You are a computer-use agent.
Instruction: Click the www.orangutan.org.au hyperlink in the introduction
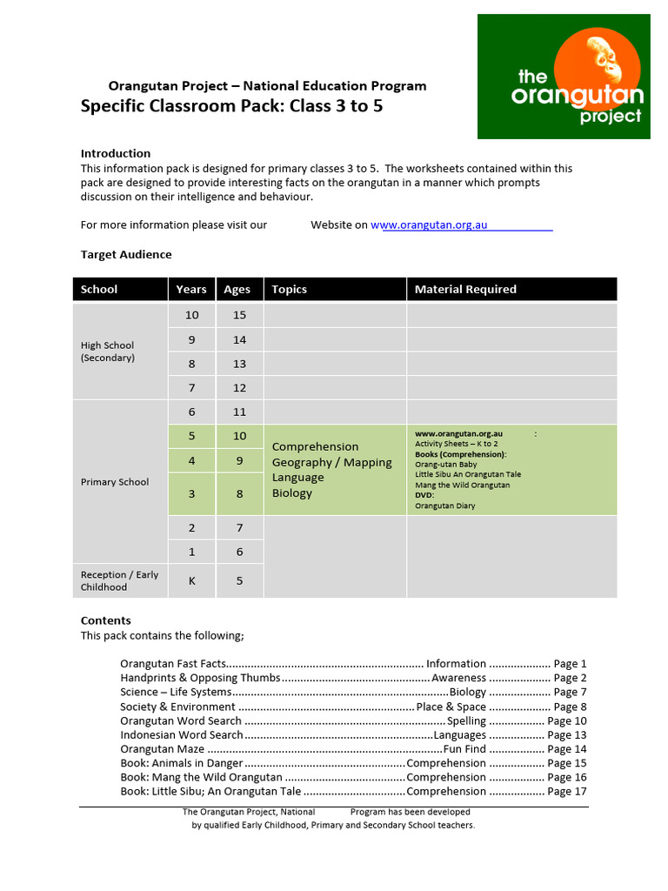[430, 224]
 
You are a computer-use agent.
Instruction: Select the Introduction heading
[116, 153]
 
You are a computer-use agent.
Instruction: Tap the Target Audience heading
[126, 254]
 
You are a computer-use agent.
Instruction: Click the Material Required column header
[465, 289]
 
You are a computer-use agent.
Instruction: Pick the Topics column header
[290, 289]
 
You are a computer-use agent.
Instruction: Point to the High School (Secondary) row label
[108, 352]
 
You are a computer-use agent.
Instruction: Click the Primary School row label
[115, 482]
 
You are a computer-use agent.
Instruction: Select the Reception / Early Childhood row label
[119, 580]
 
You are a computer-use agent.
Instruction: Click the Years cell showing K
[191, 579]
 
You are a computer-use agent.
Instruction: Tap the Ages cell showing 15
[239, 315]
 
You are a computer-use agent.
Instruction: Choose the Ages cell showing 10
[239, 436]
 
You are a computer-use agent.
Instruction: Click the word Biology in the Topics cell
[292, 493]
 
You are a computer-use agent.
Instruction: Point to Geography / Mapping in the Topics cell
[331, 462]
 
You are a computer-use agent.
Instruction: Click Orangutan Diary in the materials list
[445, 506]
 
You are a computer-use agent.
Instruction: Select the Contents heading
[106, 620]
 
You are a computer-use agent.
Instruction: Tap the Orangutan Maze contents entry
[163, 748]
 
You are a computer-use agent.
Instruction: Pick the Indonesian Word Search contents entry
[182, 734]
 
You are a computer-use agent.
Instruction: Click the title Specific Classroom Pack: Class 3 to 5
[231, 107]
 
